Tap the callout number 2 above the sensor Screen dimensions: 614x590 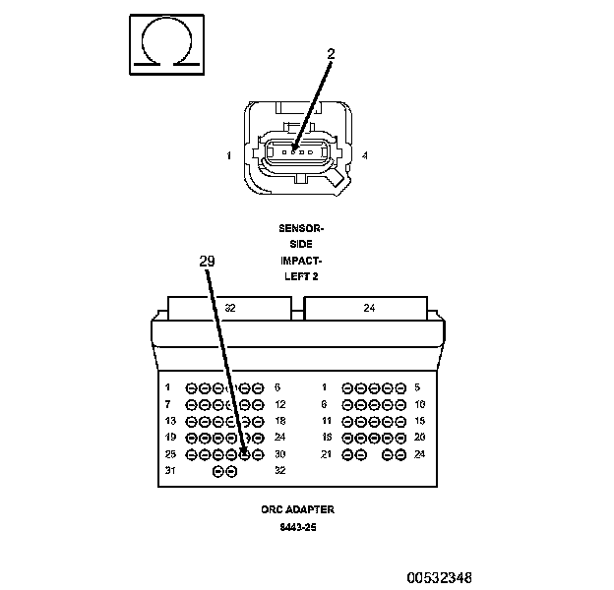coord(332,54)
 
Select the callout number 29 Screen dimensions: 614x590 coord(208,261)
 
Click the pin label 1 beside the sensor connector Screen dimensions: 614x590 coord(229,155)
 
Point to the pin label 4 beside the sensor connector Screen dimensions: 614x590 coord(365,155)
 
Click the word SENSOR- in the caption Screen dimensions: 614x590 coord(301,228)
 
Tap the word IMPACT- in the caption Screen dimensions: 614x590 coord(301,261)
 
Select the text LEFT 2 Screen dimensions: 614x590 coord(301,276)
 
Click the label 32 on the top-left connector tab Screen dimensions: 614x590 coord(230,308)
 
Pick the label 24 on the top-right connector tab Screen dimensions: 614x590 coord(369,308)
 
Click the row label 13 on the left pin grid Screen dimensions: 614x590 coord(170,421)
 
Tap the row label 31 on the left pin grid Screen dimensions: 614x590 coord(170,470)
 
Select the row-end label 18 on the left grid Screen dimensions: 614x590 coord(280,421)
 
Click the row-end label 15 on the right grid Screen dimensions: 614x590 coord(420,421)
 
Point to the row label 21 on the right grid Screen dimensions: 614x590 coord(327,454)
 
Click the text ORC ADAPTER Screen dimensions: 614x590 coord(298,509)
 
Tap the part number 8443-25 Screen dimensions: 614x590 coord(298,527)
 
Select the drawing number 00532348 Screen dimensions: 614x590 coord(440,578)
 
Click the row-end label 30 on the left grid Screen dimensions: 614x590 coord(280,454)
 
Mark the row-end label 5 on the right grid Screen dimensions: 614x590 coord(417,387)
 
